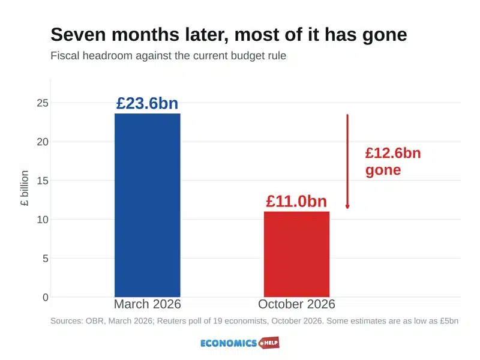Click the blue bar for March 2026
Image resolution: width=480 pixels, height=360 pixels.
[x=148, y=205]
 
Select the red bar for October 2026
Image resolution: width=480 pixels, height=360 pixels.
[x=296, y=254]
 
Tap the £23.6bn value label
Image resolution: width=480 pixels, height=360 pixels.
[x=147, y=103]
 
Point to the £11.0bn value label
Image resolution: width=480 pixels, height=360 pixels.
[x=296, y=201]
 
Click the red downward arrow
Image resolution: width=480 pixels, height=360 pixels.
[x=347, y=161]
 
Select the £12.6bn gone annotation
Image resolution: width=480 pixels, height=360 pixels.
[x=393, y=161]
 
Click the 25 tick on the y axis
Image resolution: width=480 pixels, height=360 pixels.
[x=43, y=103]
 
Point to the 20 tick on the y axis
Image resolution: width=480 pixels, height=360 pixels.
[x=43, y=142]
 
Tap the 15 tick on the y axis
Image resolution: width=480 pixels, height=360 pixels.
[x=43, y=181]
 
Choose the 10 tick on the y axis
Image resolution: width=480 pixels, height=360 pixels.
[x=43, y=220]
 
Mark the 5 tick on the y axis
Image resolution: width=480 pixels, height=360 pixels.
[x=46, y=259]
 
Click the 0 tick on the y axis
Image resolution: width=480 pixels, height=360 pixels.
[x=46, y=297]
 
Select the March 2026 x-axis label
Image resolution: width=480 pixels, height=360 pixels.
[x=148, y=304]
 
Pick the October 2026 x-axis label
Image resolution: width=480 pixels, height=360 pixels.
[x=296, y=304]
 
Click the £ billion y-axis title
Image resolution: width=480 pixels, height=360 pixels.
[x=25, y=188]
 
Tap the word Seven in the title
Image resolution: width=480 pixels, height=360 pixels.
[x=79, y=34]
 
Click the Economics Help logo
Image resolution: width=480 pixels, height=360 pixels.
[x=240, y=343]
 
